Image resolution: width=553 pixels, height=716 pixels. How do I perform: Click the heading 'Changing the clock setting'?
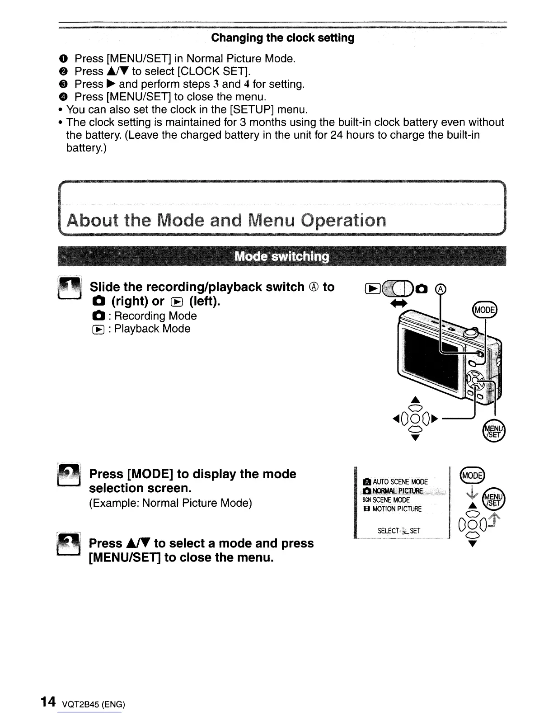pos(282,38)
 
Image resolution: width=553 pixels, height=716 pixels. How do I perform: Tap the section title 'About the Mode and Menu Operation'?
pos(226,221)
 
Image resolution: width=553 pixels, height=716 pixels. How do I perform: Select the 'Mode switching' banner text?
pos(282,257)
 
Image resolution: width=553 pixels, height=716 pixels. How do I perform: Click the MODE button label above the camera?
pos(483,310)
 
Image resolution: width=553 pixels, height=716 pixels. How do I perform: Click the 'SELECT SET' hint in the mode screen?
pos(399,531)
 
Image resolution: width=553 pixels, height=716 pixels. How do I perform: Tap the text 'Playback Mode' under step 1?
pos(152,329)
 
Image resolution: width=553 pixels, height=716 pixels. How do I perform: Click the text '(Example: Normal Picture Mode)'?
pos(170,503)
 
